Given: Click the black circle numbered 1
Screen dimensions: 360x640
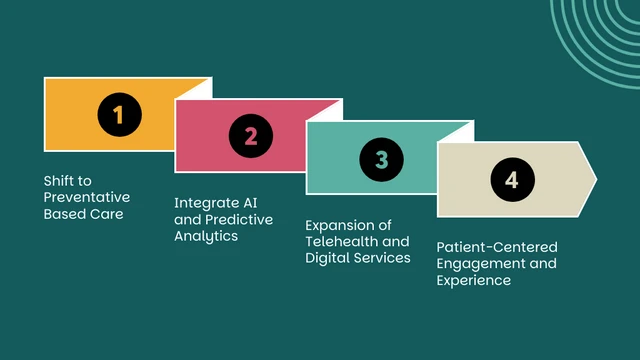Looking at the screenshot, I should (x=118, y=114).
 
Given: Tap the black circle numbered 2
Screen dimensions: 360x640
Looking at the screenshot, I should (x=250, y=136).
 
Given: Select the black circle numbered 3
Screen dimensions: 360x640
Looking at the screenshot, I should (x=381, y=158).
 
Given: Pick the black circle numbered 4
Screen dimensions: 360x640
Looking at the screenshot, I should (x=512, y=180).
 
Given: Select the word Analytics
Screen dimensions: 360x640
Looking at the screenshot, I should (x=205, y=236).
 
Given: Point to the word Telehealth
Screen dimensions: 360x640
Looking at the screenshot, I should (x=345, y=241).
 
